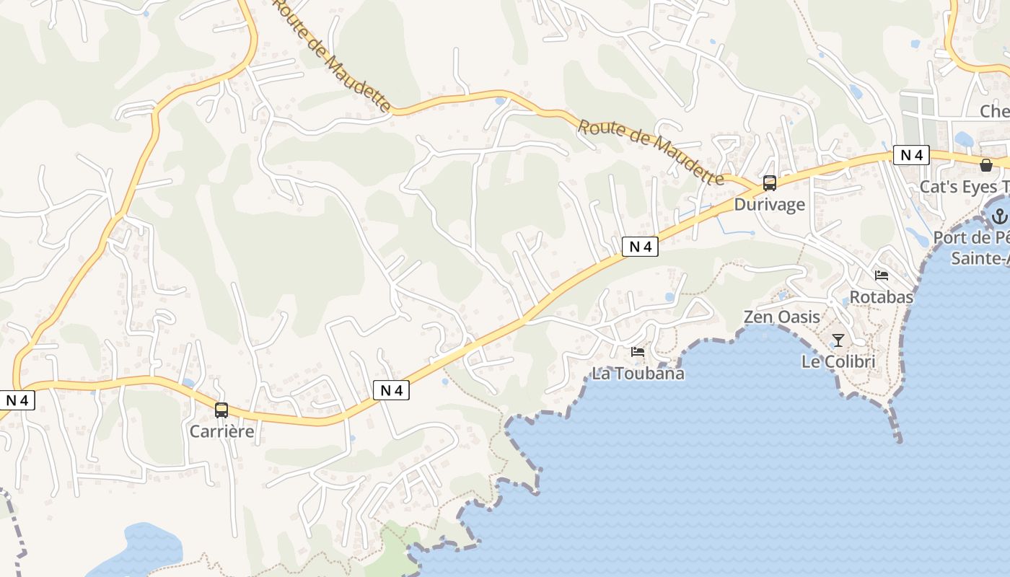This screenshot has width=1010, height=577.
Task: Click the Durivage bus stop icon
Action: [x=770, y=183]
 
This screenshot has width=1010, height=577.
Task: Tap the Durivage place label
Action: [x=769, y=204]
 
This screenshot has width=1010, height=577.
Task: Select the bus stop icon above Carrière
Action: [x=221, y=410]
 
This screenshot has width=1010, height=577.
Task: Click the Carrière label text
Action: [x=222, y=431]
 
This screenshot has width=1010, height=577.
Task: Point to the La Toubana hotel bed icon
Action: [x=638, y=352]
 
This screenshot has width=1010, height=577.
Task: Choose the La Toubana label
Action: [x=638, y=374]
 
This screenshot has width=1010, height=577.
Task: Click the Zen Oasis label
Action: [x=782, y=317]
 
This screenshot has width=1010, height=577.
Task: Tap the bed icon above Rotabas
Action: [x=882, y=276]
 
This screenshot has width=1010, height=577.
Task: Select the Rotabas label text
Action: [x=882, y=296]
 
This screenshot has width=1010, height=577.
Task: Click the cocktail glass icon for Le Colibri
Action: [x=838, y=340]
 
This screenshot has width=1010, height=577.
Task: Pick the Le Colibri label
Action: [x=838, y=361]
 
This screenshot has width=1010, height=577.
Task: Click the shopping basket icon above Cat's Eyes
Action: [x=986, y=166]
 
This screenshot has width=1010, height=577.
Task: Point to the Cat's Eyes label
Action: [x=964, y=187]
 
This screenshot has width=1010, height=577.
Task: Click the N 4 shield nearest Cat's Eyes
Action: [x=911, y=155]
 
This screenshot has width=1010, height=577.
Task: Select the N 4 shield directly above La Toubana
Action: [x=640, y=247]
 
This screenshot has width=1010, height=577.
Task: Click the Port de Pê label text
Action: [x=971, y=238]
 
